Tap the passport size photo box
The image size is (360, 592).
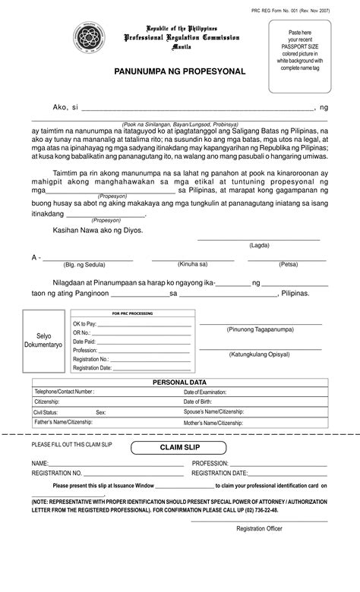(299, 55)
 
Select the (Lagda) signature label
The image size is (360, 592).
(259, 245)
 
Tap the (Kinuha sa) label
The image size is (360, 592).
(192, 264)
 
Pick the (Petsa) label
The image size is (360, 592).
(288, 264)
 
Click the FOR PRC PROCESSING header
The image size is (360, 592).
(132, 313)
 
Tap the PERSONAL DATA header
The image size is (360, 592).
(180, 383)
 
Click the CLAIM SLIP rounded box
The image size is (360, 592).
(179, 448)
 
